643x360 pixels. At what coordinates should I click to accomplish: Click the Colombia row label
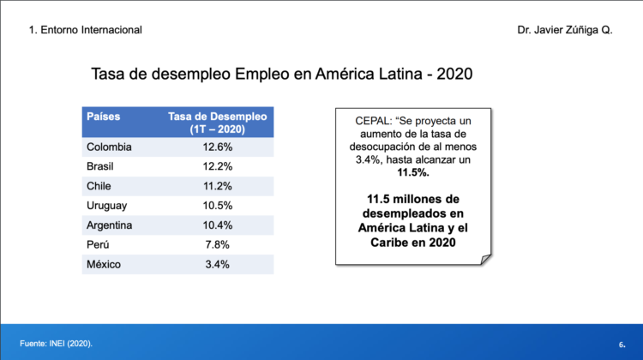pos(109,147)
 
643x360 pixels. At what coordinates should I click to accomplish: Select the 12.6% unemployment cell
pos(217,147)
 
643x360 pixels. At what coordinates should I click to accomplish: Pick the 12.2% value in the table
pos(217,166)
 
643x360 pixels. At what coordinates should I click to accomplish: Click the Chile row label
pos(99,186)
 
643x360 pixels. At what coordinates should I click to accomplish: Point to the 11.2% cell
pos(217,186)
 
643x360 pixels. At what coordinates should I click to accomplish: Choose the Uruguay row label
pos(107,206)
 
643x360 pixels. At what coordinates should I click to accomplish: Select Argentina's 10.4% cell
pos(217,225)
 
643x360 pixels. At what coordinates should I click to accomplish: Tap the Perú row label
pos(99,244)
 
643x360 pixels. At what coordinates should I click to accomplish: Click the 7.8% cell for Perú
pos(217,244)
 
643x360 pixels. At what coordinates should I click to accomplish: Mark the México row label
pos(104,264)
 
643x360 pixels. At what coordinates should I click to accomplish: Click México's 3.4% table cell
pos(217,264)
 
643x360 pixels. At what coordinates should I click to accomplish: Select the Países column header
pos(103,116)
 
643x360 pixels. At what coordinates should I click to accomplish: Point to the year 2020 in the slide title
pos(454,75)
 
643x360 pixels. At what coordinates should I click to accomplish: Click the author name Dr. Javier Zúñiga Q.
pos(565,30)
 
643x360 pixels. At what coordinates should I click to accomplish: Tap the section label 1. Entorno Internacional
pos(85,30)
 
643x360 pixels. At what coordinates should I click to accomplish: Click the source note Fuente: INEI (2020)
pos(56,343)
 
